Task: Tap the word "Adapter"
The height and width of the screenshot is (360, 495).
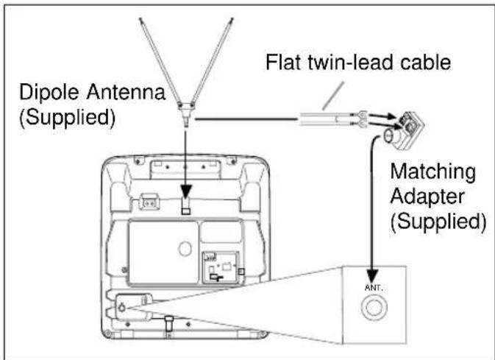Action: click(426, 197)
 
